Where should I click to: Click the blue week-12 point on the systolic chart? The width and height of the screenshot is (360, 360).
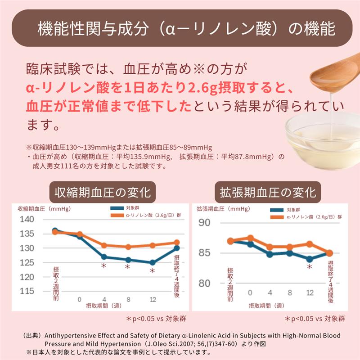(x=153, y=262)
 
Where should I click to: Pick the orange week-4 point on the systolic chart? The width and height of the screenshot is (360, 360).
(x=103, y=245)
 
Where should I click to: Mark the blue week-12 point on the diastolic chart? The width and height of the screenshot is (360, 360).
(x=310, y=259)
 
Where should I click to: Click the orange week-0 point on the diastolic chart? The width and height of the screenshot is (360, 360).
(x=251, y=238)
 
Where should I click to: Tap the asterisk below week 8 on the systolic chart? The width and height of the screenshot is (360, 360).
(x=127, y=267)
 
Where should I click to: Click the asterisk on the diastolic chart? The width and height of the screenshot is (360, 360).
(x=310, y=267)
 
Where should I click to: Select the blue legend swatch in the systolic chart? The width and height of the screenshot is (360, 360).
(x=117, y=208)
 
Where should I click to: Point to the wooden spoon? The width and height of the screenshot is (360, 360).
(x=333, y=72)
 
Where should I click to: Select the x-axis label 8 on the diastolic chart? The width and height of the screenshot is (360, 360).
(x=290, y=292)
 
